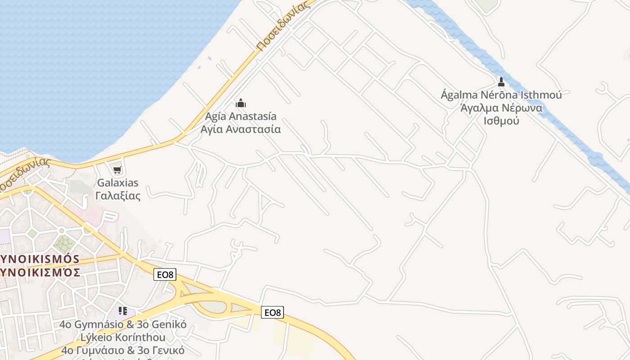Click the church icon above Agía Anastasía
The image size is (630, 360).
pyautogui.click(x=241, y=103)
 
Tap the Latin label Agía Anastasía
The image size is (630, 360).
pyautogui.click(x=241, y=117)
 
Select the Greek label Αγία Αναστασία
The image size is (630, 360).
pyautogui.click(x=241, y=130)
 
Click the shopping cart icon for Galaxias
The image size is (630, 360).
pyautogui.click(x=117, y=170)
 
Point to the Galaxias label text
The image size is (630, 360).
pyautogui.click(x=118, y=183)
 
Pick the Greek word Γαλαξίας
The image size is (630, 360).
pyautogui.click(x=118, y=196)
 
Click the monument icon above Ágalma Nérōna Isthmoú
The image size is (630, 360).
pyautogui.click(x=501, y=82)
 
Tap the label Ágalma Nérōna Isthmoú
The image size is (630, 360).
pyautogui.click(x=501, y=95)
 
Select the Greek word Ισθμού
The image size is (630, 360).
pyautogui.click(x=501, y=121)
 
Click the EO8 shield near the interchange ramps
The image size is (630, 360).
pyautogui.click(x=165, y=274)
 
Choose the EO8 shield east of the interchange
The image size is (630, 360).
pyautogui.click(x=273, y=312)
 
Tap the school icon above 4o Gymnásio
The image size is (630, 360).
pyautogui.click(x=123, y=311)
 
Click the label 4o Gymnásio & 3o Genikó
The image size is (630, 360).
pyautogui.click(x=123, y=324)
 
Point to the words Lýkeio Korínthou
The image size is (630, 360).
pyautogui.click(x=123, y=337)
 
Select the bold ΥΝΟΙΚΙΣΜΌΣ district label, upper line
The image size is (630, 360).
pyautogui.click(x=40, y=260)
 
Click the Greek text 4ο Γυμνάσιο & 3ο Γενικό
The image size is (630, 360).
pyautogui.click(x=123, y=350)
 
